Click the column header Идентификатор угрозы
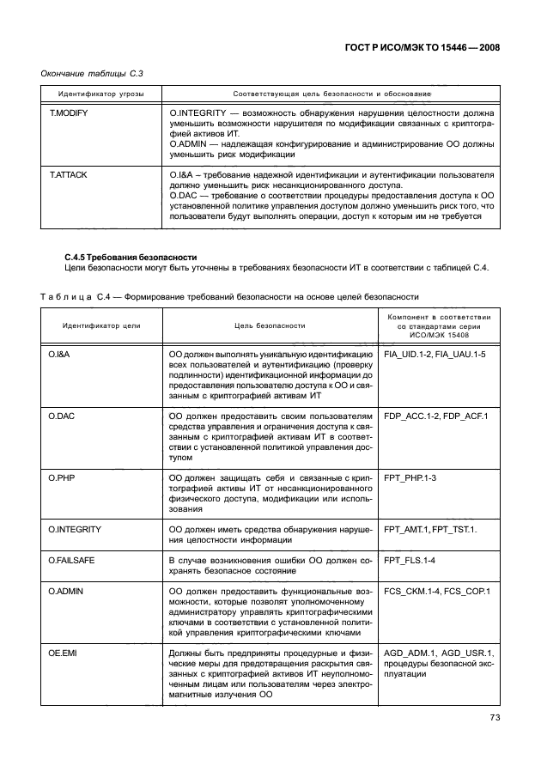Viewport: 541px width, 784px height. [x=101, y=92]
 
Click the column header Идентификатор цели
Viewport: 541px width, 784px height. [x=101, y=326]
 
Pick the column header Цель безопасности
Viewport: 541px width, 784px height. [x=270, y=326]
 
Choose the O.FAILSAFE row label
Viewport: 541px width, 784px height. [x=72, y=560]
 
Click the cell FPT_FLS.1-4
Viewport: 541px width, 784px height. [x=410, y=560]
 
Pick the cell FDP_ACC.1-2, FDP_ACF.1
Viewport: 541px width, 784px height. [x=435, y=416]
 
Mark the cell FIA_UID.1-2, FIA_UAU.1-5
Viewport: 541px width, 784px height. [x=435, y=354]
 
